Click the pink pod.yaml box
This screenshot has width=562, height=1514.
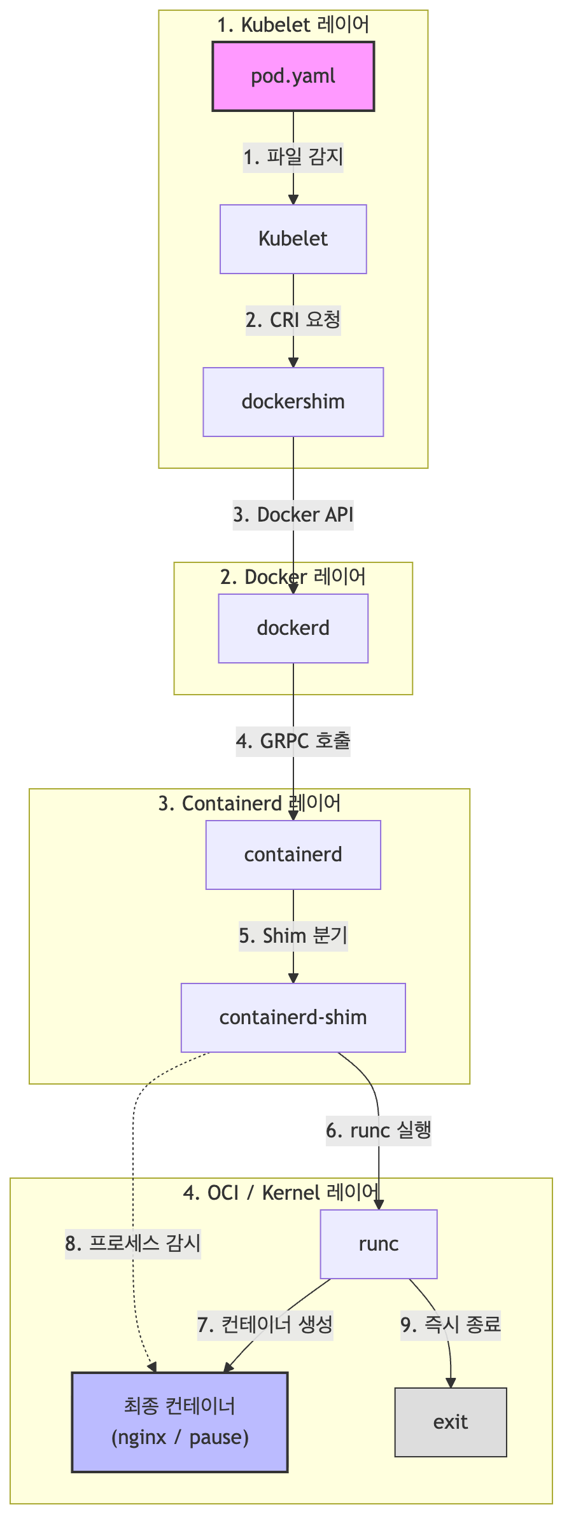pyautogui.click(x=293, y=76)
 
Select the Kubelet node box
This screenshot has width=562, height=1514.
pyautogui.click(x=293, y=239)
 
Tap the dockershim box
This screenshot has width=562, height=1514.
pyautogui.click(x=293, y=402)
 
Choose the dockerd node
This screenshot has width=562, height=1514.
pyautogui.click(x=293, y=629)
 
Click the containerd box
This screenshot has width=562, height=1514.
pyautogui.click(x=293, y=855)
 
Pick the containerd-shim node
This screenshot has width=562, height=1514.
pyautogui.click(x=293, y=1018)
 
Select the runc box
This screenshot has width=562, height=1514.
pyautogui.click(x=379, y=1244)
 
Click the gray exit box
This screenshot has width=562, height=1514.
pyautogui.click(x=451, y=1422)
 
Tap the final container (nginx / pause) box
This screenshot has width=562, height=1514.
pyautogui.click(x=180, y=1422)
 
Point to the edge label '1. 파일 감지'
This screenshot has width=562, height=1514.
pyautogui.click(x=293, y=157)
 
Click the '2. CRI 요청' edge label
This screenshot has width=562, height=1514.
pyautogui.click(x=293, y=320)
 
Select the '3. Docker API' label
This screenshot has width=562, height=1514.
pyautogui.click(x=293, y=515)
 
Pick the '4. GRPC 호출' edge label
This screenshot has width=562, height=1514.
pyautogui.click(x=293, y=742)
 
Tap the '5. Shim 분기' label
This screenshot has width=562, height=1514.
pyautogui.click(x=293, y=936)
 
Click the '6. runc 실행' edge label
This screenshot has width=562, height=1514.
pyautogui.click(x=379, y=1131)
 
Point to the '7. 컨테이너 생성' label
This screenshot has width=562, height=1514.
pyautogui.click(x=265, y=1326)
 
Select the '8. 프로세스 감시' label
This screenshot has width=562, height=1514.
pyautogui.click(x=133, y=1244)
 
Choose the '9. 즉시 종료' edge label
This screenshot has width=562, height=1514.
pyautogui.click(x=451, y=1326)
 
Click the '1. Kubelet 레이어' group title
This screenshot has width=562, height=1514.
pyautogui.click(x=293, y=25)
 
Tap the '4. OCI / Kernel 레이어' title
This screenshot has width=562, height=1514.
pyautogui.click(x=281, y=1193)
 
